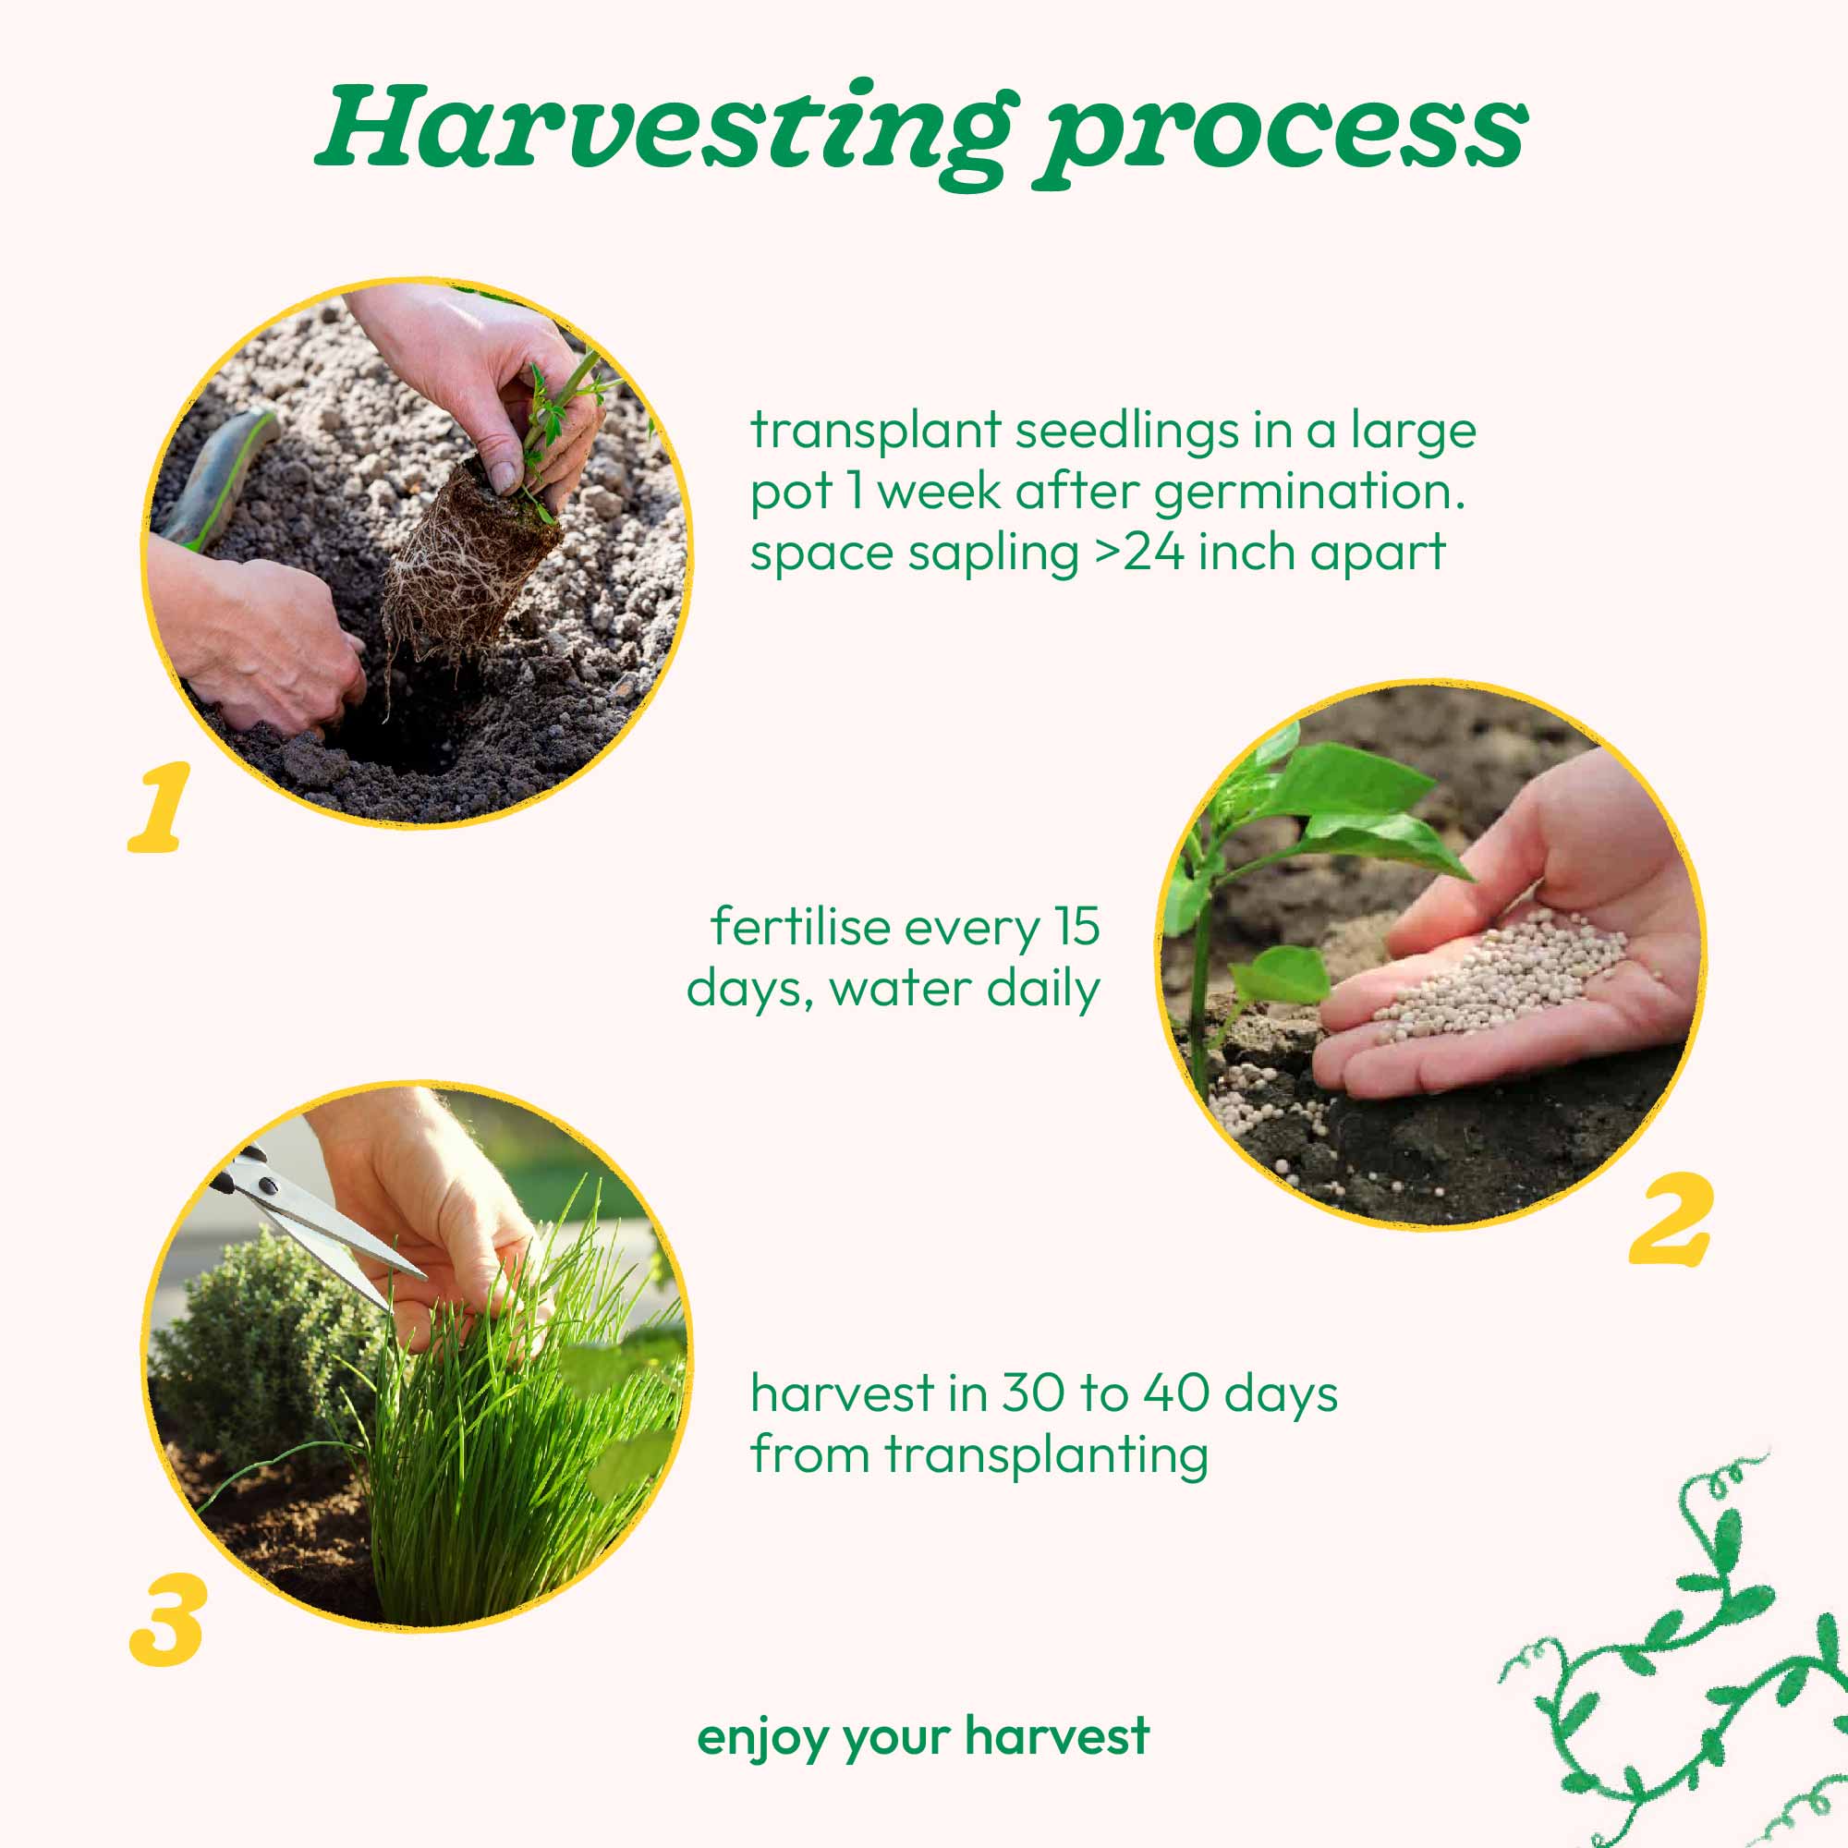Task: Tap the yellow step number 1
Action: click(159, 808)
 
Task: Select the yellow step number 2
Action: click(1669, 1219)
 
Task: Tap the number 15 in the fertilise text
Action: click(1077, 927)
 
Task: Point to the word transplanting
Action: click(1045, 1457)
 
